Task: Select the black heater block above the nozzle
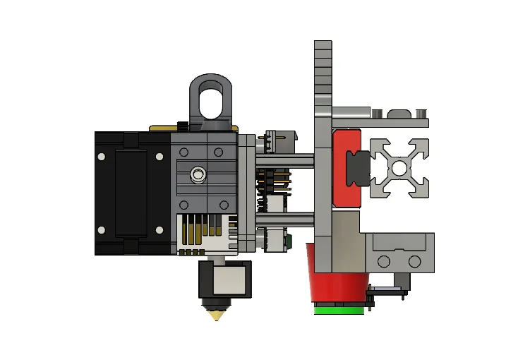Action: (224, 279)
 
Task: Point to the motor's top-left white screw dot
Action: (102, 155)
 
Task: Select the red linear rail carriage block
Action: (344, 168)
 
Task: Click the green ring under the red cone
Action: (339, 309)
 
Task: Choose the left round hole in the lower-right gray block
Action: (383, 262)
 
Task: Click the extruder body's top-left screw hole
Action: (185, 152)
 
